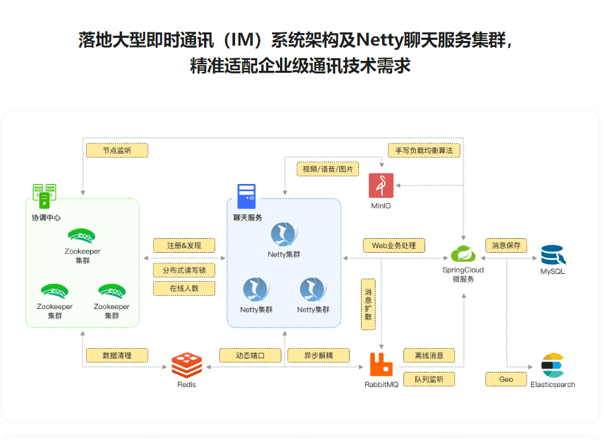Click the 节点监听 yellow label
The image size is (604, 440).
(117, 150)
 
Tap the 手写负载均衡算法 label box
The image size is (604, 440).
(424, 150)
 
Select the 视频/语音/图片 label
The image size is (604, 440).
(327, 169)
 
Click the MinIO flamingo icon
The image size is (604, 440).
(381, 186)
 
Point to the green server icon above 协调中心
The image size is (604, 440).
(44, 196)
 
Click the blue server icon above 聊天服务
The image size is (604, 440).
(246, 197)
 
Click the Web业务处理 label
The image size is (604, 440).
(393, 245)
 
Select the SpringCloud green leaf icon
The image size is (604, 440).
(463, 254)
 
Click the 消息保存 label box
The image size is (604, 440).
(506, 245)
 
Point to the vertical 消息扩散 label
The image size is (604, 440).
(368, 304)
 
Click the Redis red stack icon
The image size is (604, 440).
(186, 366)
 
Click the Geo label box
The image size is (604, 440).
(506, 379)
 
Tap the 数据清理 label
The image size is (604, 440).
(117, 355)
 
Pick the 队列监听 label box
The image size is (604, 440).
(429, 379)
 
